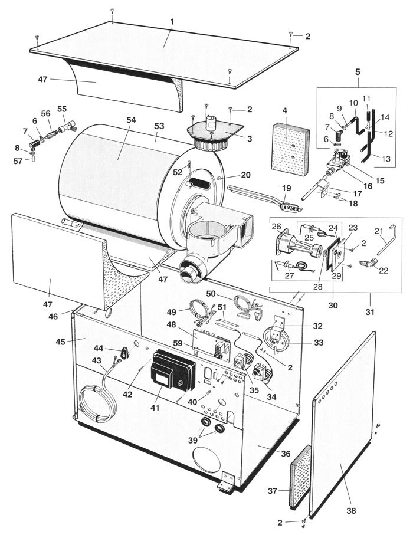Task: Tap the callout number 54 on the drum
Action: [130, 120]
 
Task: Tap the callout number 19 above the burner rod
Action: [287, 188]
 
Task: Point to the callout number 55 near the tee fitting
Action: [61, 110]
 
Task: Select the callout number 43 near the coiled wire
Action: [96, 360]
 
